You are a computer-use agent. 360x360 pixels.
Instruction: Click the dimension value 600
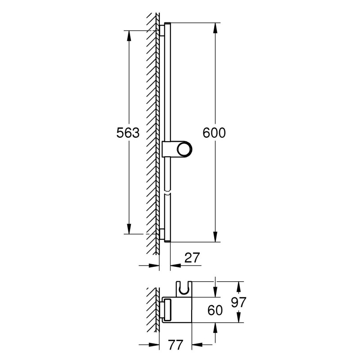click(214, 133)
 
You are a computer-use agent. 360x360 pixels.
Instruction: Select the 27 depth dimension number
click(192, 258)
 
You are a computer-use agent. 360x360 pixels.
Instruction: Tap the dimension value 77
click(176, 345)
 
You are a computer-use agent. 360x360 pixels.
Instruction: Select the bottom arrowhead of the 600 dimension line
click(215, 237)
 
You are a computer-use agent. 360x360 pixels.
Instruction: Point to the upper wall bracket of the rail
click(161, 30)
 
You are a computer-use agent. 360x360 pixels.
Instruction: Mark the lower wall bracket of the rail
click(161, 234)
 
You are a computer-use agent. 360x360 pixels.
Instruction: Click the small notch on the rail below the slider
click(167, 193)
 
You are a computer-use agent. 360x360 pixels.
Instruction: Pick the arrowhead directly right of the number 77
click(197, 346)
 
